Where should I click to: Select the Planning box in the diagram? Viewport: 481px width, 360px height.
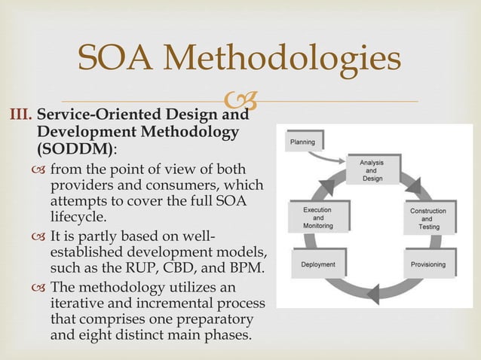click(305, 142)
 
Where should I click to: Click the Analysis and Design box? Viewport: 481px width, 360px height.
click(371, 168)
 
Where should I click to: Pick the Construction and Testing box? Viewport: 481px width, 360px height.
click(428, 218)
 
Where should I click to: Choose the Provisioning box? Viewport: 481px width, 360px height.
click(427, 265)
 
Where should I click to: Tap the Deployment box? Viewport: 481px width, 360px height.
click(318, 265)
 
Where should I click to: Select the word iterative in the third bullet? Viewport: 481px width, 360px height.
click(78, 303)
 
